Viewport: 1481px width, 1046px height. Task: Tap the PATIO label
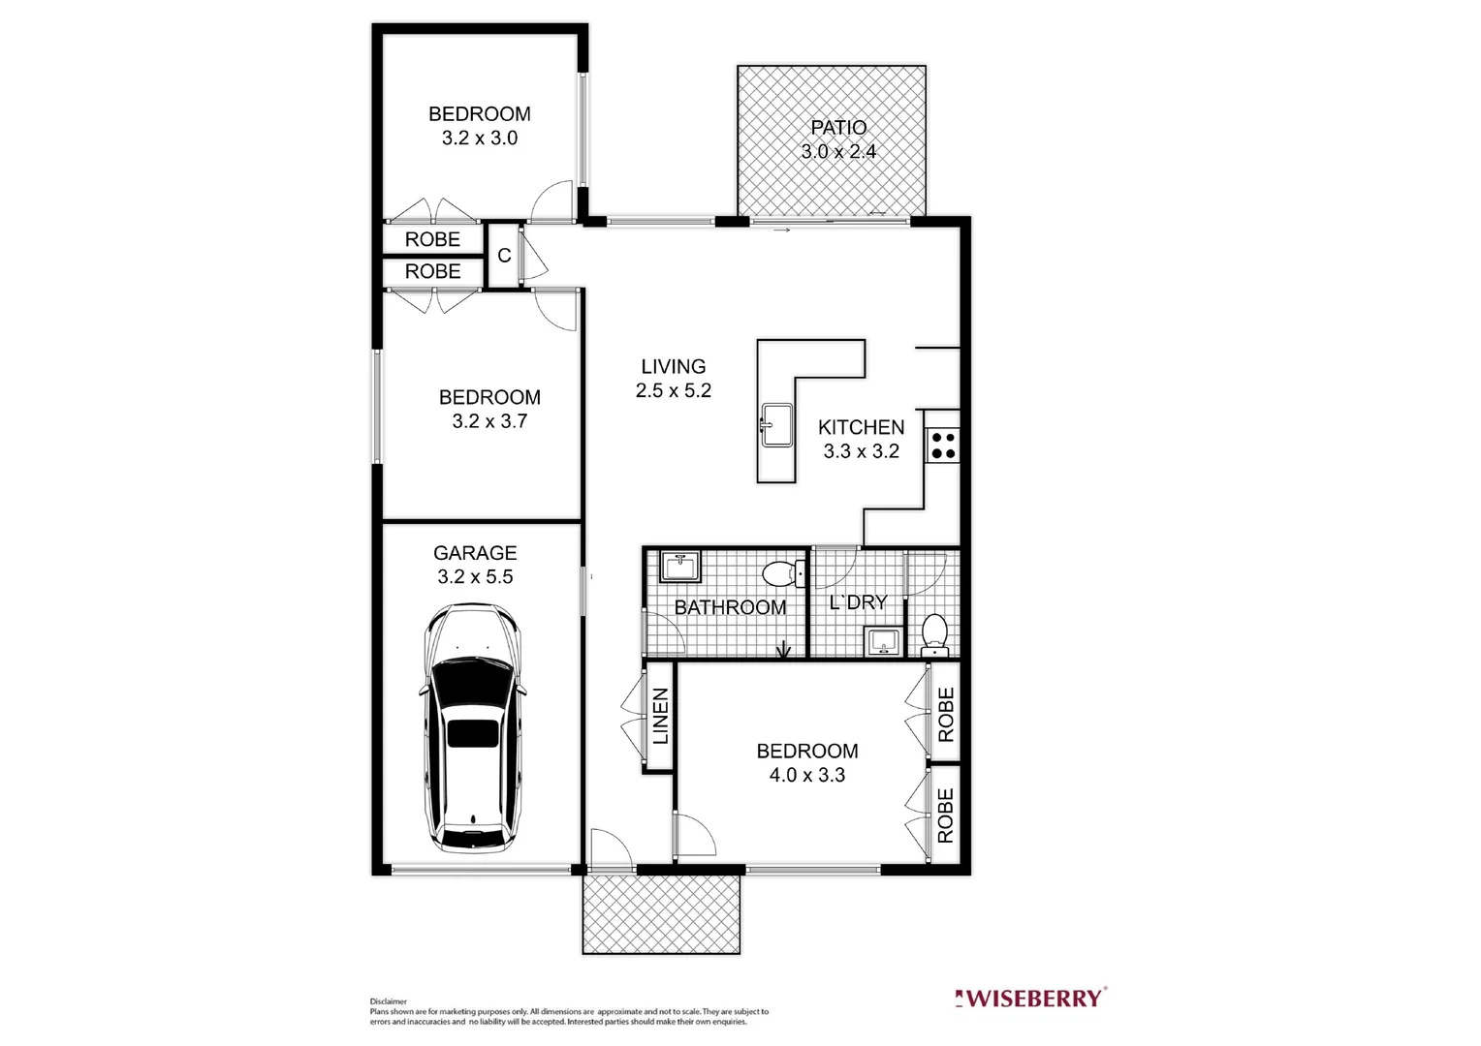click(x=838, y=128)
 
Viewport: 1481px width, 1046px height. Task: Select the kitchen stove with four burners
click(x=943, y=445)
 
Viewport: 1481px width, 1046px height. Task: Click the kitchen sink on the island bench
click(x=775, y=425)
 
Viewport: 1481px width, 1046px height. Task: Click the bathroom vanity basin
click(x=680, y=567)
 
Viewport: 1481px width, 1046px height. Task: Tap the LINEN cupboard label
click(x=660, y=716)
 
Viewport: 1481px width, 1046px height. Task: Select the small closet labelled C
click(x=504, y=256)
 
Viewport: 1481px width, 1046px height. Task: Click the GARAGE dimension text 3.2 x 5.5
click(x=475, y=577)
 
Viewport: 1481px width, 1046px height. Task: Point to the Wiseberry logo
click(x=1030, y=998)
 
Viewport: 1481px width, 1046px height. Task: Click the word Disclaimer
click(x=388, y=1001)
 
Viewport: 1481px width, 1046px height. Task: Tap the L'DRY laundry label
click(x=858, y=602)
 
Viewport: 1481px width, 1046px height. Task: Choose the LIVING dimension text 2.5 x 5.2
click(x=674, y=390)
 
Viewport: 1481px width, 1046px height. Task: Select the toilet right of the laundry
click(x=934, y=631)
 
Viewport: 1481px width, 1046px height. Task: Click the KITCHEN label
click(x=861, y=427)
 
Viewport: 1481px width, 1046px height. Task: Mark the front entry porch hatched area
click(x=662, y=914)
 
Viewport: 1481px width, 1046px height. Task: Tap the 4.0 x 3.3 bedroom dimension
click(x=807, y=775)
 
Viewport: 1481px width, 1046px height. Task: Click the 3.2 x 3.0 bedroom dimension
click(x=480, y=138)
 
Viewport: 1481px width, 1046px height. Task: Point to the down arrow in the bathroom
click(x=784, y=650)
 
